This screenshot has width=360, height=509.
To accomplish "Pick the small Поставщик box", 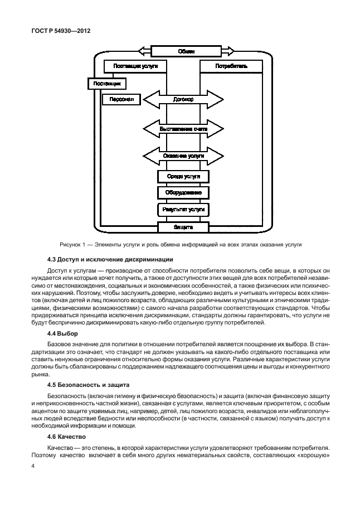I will tap(106, 84).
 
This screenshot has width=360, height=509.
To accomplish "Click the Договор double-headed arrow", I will tap(183, 100).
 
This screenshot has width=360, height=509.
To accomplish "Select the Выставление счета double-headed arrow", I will tap(183, 128).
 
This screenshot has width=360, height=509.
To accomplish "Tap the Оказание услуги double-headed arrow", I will tap(183, 156).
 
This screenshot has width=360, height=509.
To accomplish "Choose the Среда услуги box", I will tap(183, 176).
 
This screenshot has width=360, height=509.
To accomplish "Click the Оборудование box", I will tap(183, 192).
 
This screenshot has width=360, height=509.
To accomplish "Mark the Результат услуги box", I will tap(183, 210).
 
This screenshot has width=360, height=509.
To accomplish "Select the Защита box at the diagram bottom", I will tap(183, 227).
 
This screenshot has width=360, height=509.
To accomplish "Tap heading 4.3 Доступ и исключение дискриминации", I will tap(110, 260).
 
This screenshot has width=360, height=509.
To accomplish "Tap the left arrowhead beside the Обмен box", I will tap(144, 51).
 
